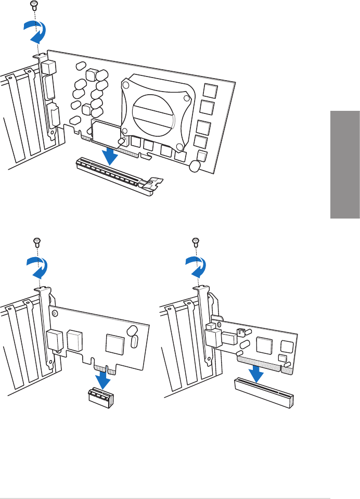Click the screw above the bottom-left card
37,241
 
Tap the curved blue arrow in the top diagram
35,34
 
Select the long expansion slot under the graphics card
111,174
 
